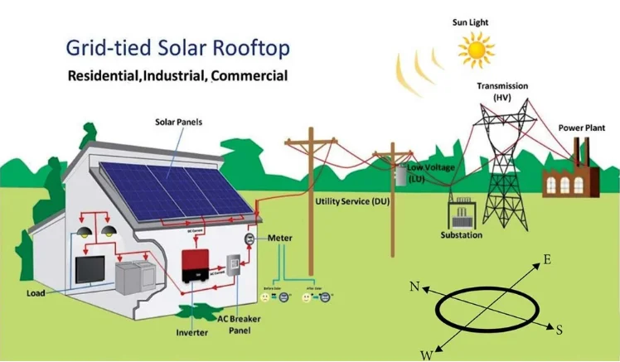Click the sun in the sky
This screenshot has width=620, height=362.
point(476,51)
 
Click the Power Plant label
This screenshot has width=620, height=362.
point(581,128)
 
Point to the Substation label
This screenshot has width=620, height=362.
point(462,235)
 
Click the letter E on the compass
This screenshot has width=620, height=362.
point(547,260)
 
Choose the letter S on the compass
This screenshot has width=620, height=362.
point(559,330)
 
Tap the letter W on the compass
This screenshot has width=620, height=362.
point(426,355)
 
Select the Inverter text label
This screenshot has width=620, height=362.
point(191,333)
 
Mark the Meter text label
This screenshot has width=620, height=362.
point(280,238)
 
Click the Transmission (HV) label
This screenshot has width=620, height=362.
point(502,91)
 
